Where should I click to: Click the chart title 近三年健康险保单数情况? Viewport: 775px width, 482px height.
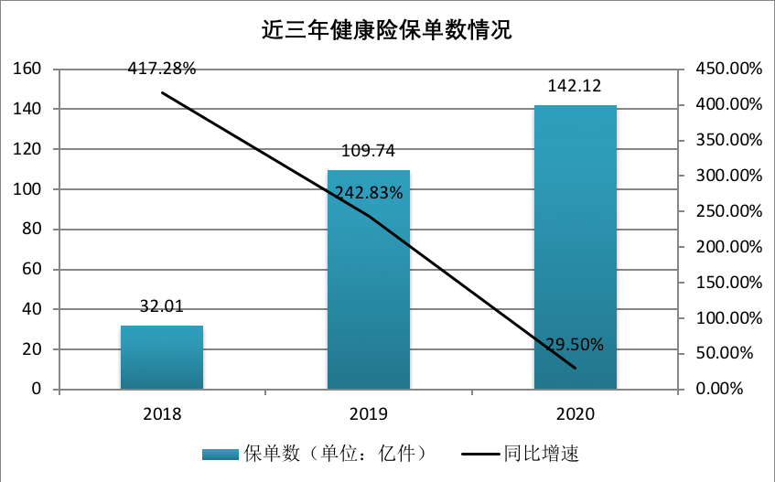coord(387,30)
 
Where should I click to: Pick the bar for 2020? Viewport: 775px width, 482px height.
coord(576,247)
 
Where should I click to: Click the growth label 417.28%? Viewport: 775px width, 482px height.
coord(162,69)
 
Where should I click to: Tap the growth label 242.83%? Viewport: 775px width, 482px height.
coord(369,192)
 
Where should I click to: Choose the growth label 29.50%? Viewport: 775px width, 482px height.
coord(575,344)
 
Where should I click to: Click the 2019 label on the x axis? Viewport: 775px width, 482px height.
coord(369,413)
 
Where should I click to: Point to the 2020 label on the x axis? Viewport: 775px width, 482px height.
coord(575,413)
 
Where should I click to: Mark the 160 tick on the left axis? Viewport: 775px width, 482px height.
coord(30,70)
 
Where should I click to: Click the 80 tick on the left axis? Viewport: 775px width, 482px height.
coord(34,230)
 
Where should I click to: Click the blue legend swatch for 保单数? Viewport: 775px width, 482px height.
coord(221,454)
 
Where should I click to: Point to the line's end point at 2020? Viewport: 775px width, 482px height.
coord(576,369)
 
